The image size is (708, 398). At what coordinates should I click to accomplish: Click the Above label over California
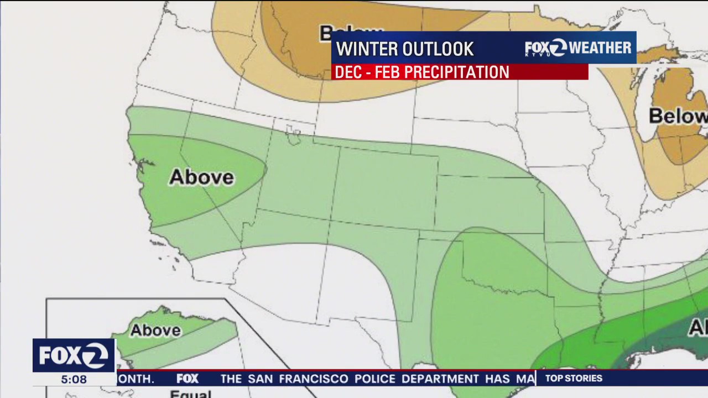(x=201, y=177)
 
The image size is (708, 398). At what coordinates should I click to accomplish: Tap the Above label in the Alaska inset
(x=155, y=331)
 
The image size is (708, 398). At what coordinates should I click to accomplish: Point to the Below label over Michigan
(x=677, y=116)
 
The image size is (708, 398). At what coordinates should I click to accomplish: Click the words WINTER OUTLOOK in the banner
(x=405, y=49)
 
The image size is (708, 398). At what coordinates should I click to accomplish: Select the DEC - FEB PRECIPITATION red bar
(x=459, y=72)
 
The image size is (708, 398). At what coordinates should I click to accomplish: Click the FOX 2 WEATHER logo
(x=577, y=48)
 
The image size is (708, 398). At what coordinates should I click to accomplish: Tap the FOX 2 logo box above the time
(x=74, y=355)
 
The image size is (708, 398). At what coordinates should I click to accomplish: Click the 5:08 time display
(x=74, y=380)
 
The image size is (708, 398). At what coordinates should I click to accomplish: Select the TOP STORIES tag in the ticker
(x=574, y=379)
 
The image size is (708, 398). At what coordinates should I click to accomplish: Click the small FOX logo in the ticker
(x=188, y=379)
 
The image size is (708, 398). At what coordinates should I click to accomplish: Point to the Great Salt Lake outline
(x=293, y=133)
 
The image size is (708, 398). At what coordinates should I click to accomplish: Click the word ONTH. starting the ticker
(x=136, y=379)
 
